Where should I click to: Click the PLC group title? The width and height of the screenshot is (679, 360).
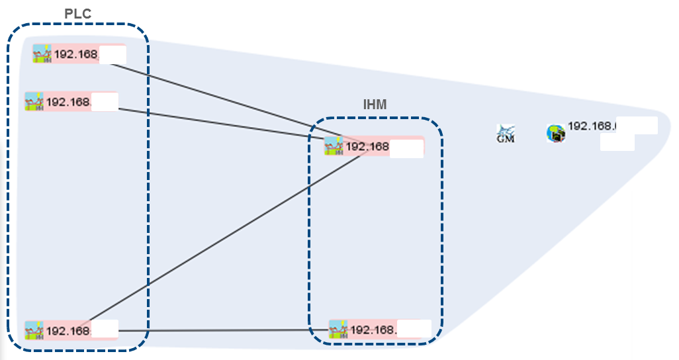pos(78,14)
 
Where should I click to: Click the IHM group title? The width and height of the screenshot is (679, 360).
pos(375,105)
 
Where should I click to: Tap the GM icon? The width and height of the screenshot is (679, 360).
pos(506,134)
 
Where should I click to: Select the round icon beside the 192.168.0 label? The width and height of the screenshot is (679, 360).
pos(556,134)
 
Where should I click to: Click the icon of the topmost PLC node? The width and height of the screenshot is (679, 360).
pos(42,54)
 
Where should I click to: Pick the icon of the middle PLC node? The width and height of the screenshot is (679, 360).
pos(34,102)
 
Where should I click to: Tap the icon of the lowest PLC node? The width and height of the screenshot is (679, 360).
pos(34,330)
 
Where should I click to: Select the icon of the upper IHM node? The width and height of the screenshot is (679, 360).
pos(334,146)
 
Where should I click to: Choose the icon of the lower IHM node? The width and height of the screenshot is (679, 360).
pos(338,329)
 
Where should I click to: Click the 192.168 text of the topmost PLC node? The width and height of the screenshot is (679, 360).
pos(76,54)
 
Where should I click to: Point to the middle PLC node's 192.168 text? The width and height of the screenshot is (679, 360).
pos(68,103)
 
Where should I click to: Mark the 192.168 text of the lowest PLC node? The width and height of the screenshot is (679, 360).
pos(68,331)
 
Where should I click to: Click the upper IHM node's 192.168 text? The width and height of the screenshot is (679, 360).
pos(367,146)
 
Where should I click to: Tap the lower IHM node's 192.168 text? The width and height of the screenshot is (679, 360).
pos(373,330)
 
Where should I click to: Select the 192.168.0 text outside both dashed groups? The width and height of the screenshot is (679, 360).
pos(592,126)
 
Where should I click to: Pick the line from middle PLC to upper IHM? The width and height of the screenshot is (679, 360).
pos(218,122)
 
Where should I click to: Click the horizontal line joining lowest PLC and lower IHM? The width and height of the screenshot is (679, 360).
pos(218,330)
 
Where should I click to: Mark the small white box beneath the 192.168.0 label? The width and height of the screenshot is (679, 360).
pos(617,142)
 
